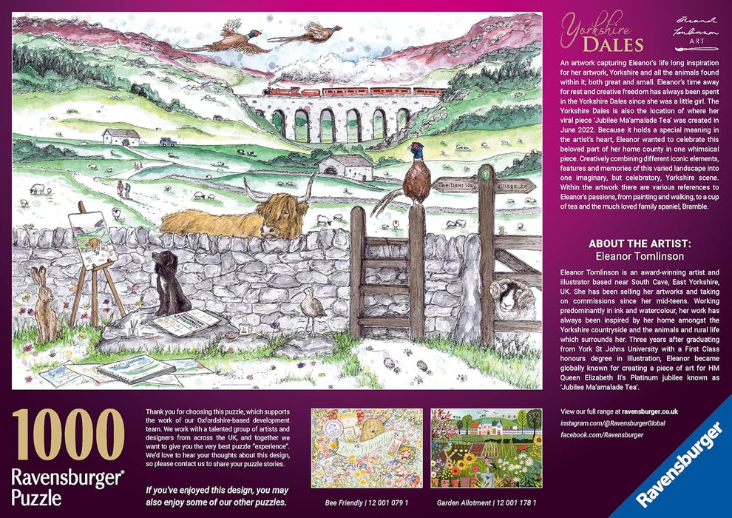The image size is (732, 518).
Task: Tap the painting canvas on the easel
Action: pos(92,238)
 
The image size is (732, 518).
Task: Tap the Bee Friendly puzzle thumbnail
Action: pos(366,448)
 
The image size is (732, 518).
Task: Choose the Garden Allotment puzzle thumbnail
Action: pos(485,448)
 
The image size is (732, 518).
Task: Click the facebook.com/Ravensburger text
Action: pos(602,434)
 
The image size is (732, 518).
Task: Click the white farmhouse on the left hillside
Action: pos(121,137)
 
